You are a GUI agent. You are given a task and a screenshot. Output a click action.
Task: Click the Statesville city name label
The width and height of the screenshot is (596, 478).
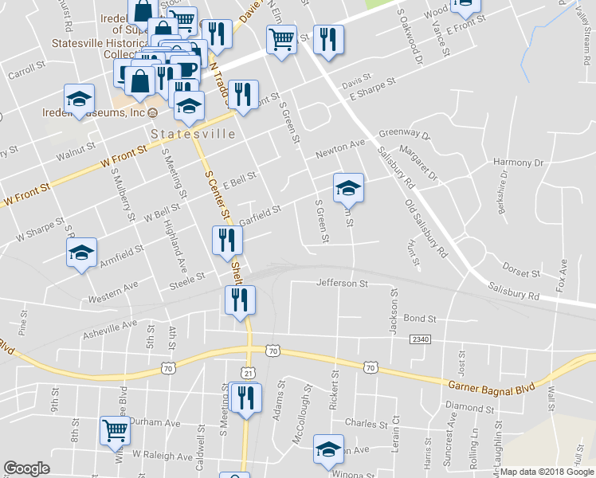(193, 134)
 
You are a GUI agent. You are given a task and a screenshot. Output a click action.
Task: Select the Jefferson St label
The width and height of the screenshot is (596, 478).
(342, 283)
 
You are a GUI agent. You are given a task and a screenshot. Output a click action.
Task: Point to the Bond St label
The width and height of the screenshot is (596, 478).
(420, 318)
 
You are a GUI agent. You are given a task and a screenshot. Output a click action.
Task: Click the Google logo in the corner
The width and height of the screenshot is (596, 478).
(26, 468)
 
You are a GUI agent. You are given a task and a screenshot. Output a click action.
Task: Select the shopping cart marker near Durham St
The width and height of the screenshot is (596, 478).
(116, 430)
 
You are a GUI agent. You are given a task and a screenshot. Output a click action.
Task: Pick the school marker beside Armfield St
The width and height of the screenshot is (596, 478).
(80, 253)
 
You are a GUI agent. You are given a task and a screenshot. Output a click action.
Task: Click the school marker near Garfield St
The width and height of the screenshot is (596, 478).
(348, 188)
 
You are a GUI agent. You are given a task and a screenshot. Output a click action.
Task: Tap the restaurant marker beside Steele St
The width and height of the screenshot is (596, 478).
(226, 239)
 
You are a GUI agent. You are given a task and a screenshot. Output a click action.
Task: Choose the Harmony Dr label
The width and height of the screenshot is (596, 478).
(518, 163)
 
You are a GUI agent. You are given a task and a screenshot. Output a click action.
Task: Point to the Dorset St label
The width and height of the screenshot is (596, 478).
(522, 272)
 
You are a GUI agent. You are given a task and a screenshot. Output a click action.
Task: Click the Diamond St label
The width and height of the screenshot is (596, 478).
(464, 406)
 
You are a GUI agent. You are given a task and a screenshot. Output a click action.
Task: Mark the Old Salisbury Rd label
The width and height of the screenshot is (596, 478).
(424, 229)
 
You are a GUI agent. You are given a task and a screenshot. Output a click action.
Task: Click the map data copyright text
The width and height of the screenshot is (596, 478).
(547, 472)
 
